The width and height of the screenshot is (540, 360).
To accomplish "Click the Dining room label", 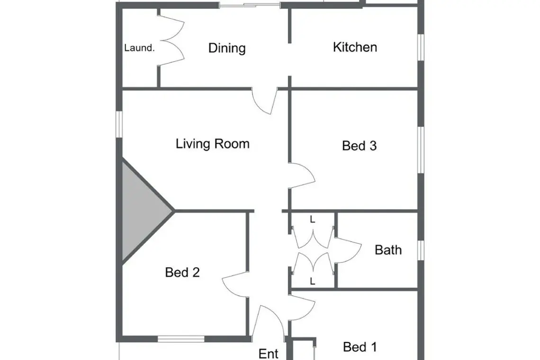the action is [x=227, y=48].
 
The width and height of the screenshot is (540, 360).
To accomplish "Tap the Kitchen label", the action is [x=355, y=47].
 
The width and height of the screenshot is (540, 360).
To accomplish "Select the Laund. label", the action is [x=139, y=48].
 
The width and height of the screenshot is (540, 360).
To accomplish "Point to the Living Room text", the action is [x=213, y=144].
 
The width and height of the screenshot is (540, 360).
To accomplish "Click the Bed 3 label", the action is [x=359, y=146].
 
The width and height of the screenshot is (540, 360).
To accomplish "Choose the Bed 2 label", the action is [x=182, y=272].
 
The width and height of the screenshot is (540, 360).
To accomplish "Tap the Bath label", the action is [x=388, y=250].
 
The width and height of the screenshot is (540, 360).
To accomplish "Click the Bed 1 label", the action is [x=360, y=347].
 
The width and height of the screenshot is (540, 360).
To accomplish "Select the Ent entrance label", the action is [x=268, y=354].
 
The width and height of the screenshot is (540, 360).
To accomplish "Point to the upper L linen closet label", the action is [x=312, y=219].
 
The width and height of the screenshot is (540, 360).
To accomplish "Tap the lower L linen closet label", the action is [x=312, y=281].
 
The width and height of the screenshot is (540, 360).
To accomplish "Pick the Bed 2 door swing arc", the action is [x=235, y=285].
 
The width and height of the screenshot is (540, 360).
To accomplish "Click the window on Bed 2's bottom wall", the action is [x=181, y=339].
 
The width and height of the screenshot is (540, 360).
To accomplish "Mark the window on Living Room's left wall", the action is [x=119, y=124].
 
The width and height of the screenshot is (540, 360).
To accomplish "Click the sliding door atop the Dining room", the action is [x=250, y=5].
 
